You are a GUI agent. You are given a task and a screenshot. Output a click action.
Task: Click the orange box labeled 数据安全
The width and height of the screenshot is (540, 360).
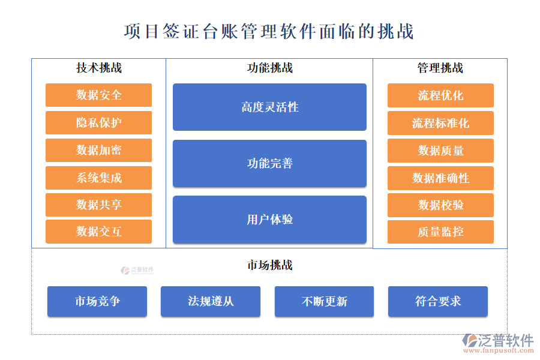(x=98, y=95)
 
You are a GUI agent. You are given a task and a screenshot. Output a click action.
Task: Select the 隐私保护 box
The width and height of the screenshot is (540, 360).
(x=98, y=122)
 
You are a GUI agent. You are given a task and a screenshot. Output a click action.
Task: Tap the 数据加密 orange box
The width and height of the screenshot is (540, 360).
(x=98, y=150)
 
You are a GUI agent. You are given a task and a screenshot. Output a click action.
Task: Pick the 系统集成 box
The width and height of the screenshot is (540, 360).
(x=98, y=178)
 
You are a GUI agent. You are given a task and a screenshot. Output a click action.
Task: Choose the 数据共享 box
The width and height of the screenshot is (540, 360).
(x=98, y=205)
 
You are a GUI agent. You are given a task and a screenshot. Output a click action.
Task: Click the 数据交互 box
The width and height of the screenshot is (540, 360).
(x=98, y=232)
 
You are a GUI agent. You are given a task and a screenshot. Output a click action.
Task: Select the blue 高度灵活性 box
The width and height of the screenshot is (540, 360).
(x=269, y=107)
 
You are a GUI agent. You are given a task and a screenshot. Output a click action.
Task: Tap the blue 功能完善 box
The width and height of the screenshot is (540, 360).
(x=269, y=163)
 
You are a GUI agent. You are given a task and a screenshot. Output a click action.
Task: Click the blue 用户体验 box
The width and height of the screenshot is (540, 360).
(x=269, y=220)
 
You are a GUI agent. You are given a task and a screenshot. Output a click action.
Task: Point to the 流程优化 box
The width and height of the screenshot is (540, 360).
(x=440, y=95)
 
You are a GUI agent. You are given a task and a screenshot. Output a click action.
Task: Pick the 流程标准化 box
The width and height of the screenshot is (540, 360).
(x=440, y=122)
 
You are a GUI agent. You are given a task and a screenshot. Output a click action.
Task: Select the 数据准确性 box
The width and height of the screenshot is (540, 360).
(x=440, y=178)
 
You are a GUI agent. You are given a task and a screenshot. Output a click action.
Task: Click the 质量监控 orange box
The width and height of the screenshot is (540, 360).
(x=440, y=232)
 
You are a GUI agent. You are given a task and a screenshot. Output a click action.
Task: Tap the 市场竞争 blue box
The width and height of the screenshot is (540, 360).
(x=97, y=301)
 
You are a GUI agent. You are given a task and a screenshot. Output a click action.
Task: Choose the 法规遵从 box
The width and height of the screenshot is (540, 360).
(x=211, y=301)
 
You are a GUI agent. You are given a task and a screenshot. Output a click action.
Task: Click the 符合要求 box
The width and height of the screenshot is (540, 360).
(x=438, y=301)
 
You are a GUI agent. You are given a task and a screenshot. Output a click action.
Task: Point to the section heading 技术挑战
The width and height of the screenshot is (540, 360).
(x=98, y=68)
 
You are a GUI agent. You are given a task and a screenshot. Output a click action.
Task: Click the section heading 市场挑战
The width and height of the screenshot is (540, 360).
(x=269, y=265)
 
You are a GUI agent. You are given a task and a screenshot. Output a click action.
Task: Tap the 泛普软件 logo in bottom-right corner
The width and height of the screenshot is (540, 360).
(x=497, y=343)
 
